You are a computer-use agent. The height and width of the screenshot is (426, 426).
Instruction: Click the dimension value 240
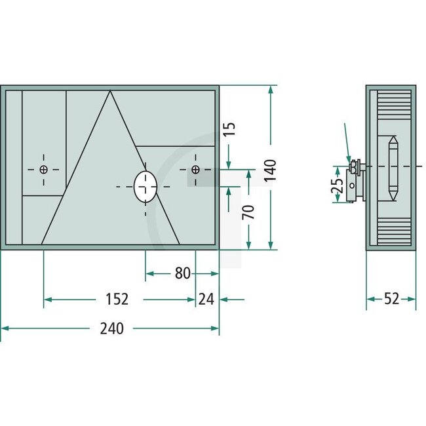point(113,328)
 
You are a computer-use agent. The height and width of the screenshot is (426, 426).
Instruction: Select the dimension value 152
point(116,300)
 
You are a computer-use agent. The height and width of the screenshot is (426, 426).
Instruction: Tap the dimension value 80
point(184,273)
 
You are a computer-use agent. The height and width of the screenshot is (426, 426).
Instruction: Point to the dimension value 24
point(206,300)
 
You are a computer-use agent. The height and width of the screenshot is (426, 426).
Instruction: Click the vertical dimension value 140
point(271,170)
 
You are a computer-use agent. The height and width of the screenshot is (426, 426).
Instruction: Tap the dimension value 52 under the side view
point(391,300)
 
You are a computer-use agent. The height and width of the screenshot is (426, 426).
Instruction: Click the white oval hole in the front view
point(145,187)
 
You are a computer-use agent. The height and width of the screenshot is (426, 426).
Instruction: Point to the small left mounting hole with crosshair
point(44,170)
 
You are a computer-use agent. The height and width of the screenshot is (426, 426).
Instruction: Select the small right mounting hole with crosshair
point(195,170)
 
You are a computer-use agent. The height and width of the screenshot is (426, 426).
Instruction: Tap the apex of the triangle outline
point(109,92)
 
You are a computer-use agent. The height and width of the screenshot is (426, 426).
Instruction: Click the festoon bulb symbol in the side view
point(393,169)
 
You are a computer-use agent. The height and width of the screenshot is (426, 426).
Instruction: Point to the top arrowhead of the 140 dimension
point(271,88)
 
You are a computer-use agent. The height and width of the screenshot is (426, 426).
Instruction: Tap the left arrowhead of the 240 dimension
point(4,328)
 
